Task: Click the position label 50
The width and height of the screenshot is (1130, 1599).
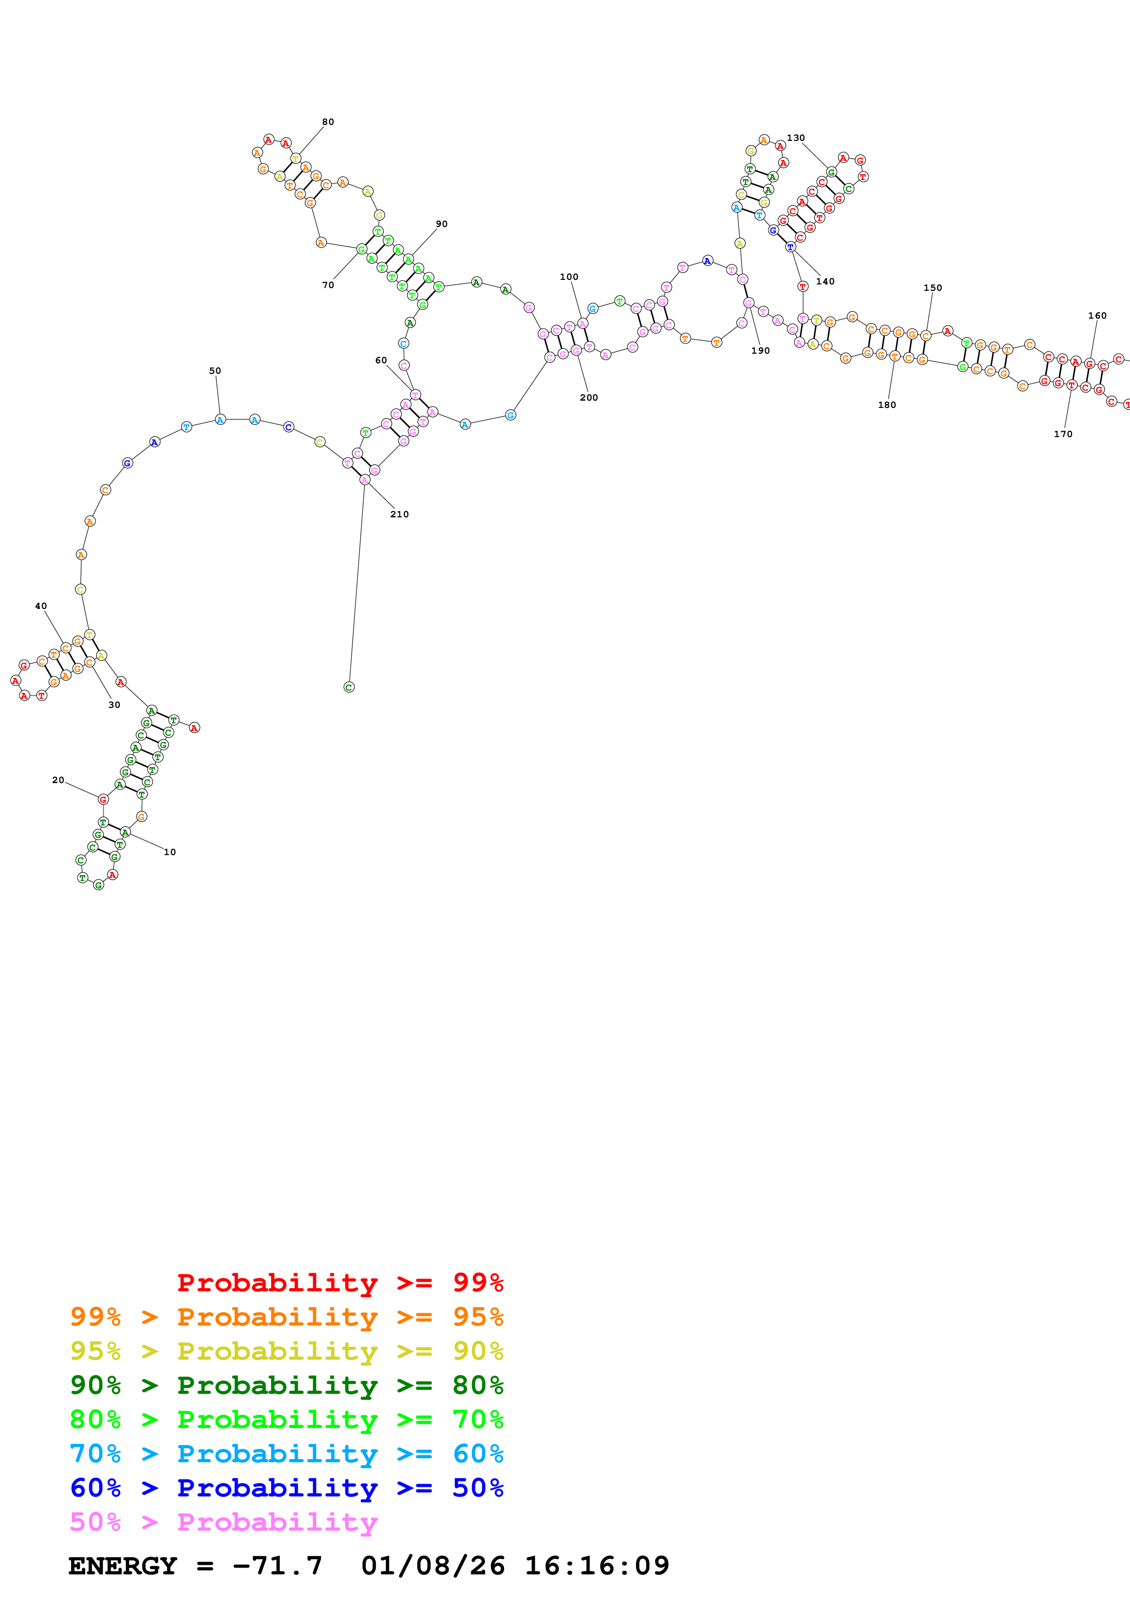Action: coord(215,371)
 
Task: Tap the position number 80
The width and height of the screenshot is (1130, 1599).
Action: coord(328,122)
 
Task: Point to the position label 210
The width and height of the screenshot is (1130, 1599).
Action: coord(400,514)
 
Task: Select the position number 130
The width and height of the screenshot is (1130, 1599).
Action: coord(796,138)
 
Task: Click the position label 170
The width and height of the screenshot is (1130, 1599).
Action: coord(1063,434)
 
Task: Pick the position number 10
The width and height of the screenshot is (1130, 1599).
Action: coord(170,852)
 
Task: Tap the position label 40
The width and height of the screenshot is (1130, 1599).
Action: coord(41,606)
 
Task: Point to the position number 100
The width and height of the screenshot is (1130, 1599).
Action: coord(569,277)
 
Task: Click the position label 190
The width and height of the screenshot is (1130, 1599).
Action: coord(760,351)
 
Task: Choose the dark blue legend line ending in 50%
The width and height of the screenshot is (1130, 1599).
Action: coord(286,1488)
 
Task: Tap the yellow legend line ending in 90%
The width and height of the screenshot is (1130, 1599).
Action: coord(286,1351)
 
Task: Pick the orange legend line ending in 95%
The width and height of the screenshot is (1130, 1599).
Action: coord(286,1316)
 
